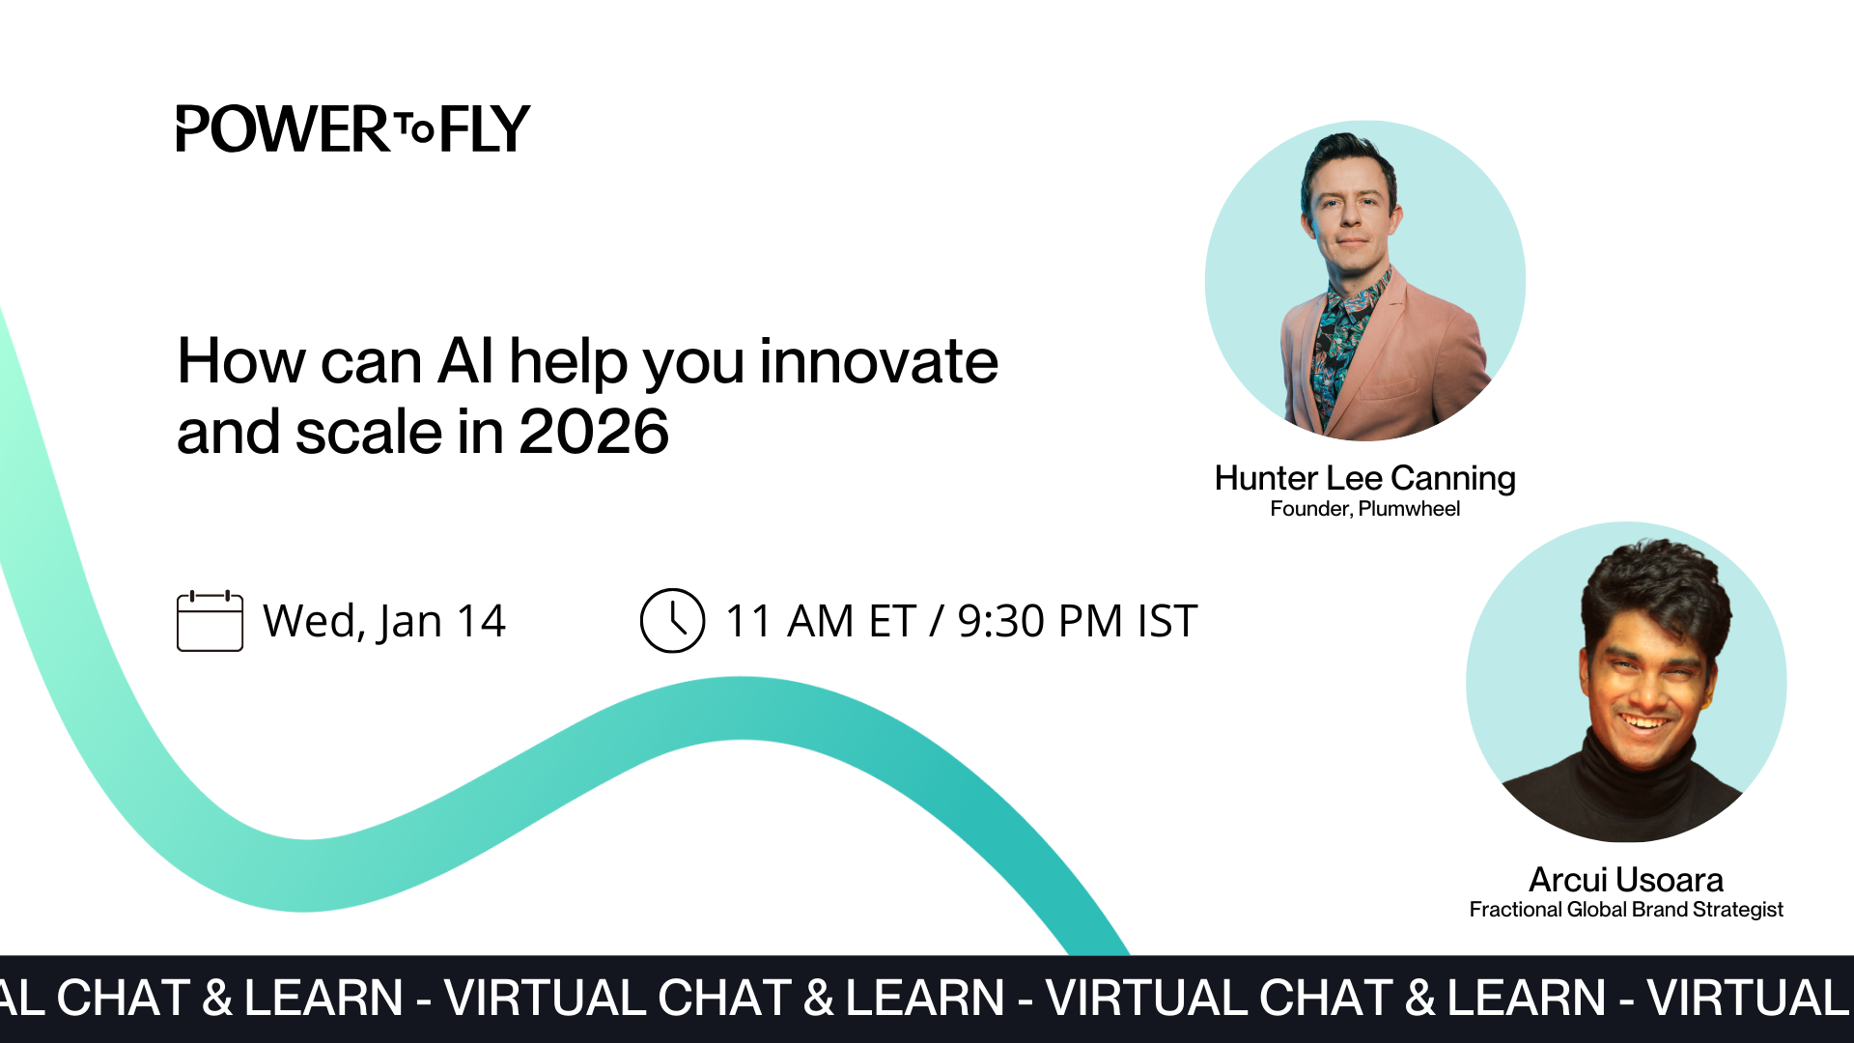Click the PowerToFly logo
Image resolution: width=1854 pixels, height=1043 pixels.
(352, 129)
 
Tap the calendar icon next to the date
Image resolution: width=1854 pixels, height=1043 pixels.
(210, 622)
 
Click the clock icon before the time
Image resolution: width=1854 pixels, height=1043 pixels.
(672, 621)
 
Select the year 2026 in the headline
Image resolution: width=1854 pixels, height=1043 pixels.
(593, 432)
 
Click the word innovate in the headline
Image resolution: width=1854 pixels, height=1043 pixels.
(878, 362)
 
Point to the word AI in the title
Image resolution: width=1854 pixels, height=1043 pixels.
(465, 362)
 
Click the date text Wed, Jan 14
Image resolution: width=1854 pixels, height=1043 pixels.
(384, 621)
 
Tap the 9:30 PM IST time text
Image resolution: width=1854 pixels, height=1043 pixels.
(1077, 621)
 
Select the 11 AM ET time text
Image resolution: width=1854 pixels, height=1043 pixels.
(820, 621)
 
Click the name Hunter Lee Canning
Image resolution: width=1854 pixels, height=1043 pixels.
(1364, 478)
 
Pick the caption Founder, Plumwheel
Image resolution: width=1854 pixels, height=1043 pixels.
(1364, 509)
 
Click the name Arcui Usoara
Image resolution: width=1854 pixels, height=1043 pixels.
(1626, 880)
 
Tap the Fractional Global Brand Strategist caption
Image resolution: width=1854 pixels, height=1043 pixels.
(1626, 910)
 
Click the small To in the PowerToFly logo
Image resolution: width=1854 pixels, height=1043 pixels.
(415, 128)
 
